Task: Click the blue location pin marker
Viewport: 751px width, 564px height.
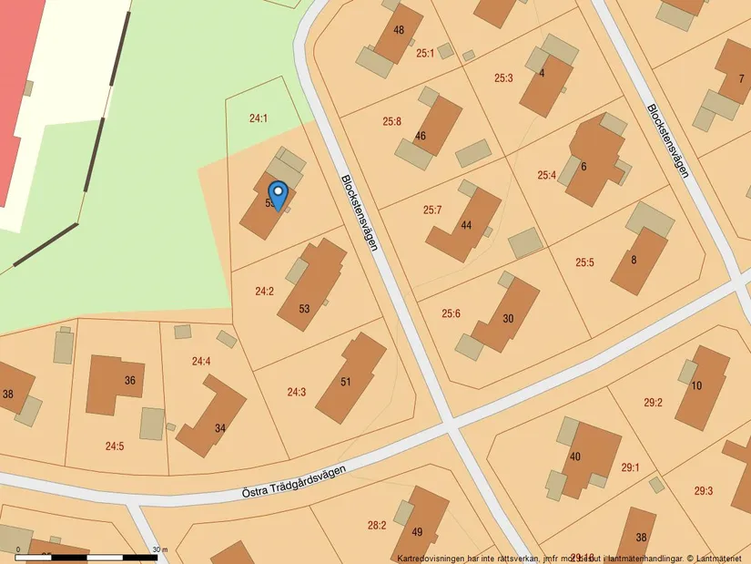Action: pos(279,195)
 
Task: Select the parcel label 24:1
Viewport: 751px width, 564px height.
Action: pos(259,118)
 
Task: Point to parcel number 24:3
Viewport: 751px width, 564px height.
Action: pos(297,392)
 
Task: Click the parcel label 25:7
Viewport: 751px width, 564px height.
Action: pos(432,210)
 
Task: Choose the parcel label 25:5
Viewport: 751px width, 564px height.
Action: pos(584,262)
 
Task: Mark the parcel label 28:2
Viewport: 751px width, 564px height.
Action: pos(377,525)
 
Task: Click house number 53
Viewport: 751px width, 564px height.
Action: pos(304,309)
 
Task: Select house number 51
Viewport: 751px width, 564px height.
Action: pos(346,382)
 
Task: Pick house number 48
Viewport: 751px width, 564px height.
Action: pos(399,30)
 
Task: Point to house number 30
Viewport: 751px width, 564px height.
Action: pos(508,318)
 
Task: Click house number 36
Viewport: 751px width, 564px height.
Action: pos(130,380)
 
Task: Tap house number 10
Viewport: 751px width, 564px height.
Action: pos(696,385)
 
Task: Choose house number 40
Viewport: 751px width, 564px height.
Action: pos(574,456)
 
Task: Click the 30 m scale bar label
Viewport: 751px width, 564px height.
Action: pos(160,549)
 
